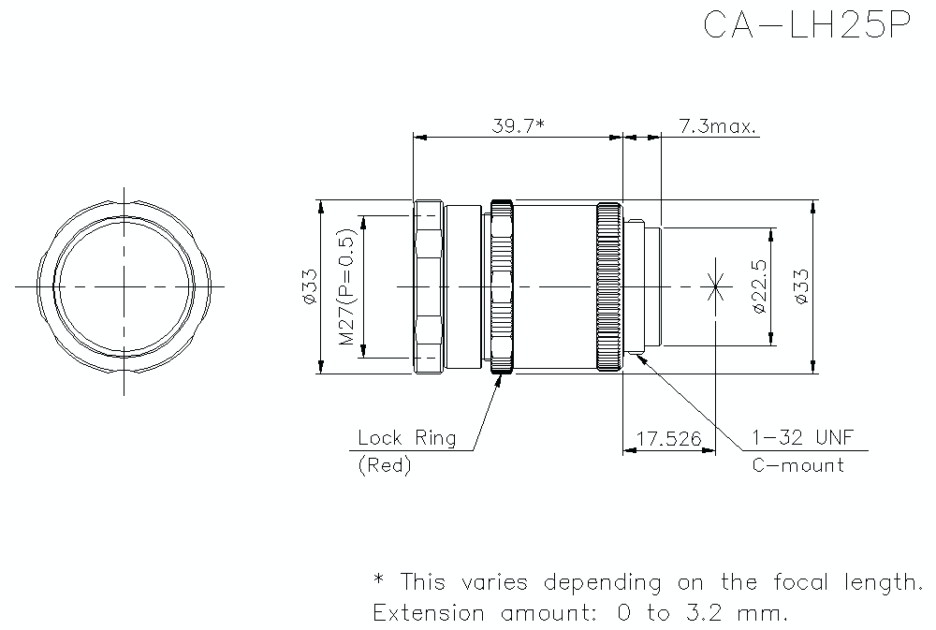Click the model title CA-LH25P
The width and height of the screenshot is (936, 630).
point(806,25)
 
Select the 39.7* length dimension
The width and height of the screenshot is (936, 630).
point(518,125)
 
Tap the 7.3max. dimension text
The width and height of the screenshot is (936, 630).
point(718,125)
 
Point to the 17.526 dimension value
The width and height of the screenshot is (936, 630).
point(669,438)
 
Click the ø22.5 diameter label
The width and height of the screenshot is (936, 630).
point(759,287)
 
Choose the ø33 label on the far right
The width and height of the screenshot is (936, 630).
point(800,286)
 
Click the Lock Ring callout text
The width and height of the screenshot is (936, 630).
point(407,438)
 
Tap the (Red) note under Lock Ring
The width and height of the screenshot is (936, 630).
point(385,465)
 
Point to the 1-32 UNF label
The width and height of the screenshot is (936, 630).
point(802,438)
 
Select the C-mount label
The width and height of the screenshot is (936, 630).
point(798,465)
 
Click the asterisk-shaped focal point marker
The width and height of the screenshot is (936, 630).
point(717,286)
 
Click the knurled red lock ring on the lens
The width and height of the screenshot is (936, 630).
point(501,286)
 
